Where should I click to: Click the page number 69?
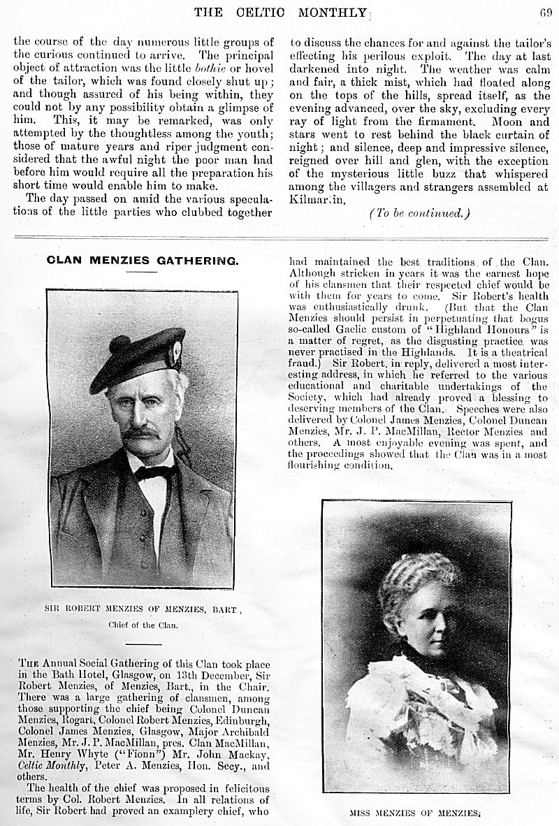545,10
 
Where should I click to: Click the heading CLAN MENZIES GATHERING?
143,261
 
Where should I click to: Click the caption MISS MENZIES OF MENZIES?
417,813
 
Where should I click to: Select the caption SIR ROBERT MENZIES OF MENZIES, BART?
143,609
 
